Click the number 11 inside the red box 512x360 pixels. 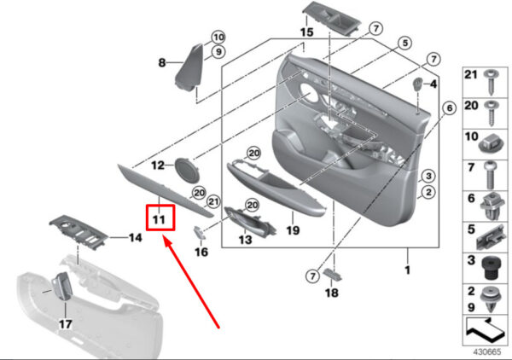(159, 219)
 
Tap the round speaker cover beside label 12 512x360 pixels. (187, 170)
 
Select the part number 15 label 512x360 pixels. (306, 32)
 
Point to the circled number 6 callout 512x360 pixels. (450, 107)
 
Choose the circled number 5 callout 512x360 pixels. (404, 43)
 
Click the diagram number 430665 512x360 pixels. (487, 351)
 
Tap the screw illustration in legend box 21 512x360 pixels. (491, 82)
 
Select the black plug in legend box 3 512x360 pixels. (489, 268)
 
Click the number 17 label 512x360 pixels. (66, 324)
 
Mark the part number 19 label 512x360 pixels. (293, 230)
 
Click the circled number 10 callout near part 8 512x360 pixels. (218, 38)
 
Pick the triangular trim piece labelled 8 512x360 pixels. (189, 67)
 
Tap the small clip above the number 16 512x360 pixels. (199, 231)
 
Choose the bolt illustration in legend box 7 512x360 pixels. (490, 175)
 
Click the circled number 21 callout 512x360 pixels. (213, 201)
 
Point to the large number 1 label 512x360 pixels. (407, 270)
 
